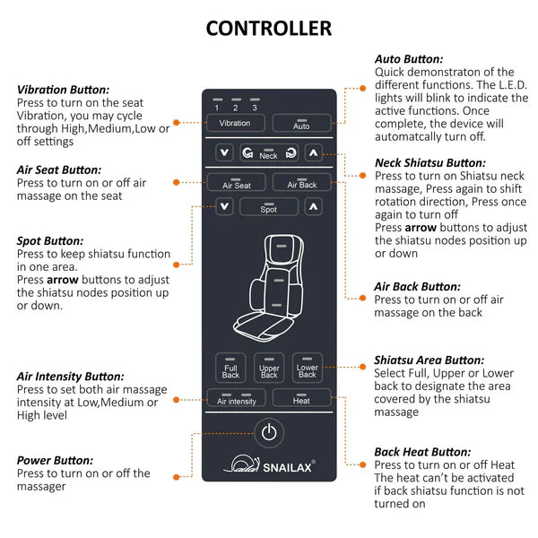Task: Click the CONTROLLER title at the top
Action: click(x=269, y=28)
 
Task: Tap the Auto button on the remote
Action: click(x=301, y=124)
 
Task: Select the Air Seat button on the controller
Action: click(x=236, y=183)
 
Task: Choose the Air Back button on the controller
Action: click(x=302, y=183)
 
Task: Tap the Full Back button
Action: click(x=230, y=369)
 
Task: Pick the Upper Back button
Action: click(x=269, y=369)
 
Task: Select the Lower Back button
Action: click(x=307, y=369)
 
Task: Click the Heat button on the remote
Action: click(x=301, y=399)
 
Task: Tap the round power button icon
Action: click(x=269, y=433)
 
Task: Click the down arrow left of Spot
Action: click(x=224, y=207)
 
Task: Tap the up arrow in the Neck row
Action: click(x=313, y=153)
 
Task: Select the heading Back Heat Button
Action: click(x=422, y=452)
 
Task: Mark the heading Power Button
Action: click(x=55, y=460)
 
